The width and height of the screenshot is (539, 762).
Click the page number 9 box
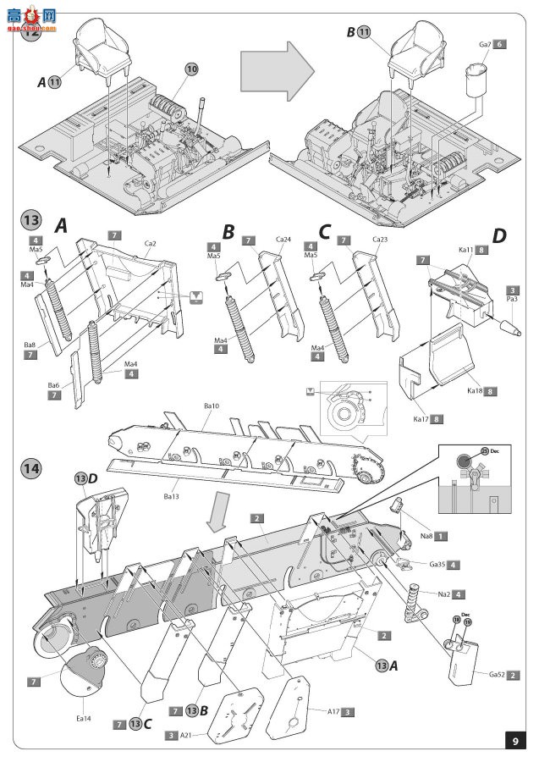click(515, 742)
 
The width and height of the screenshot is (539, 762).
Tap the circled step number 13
click(31, 223)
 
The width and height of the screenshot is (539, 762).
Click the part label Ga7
click(485, 43)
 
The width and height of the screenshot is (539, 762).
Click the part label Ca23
click(379, 240)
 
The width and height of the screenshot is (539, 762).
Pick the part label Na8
click(430, 536)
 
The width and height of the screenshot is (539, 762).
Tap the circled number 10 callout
click(192, 67)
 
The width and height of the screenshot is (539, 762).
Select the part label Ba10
click(212, 406)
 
